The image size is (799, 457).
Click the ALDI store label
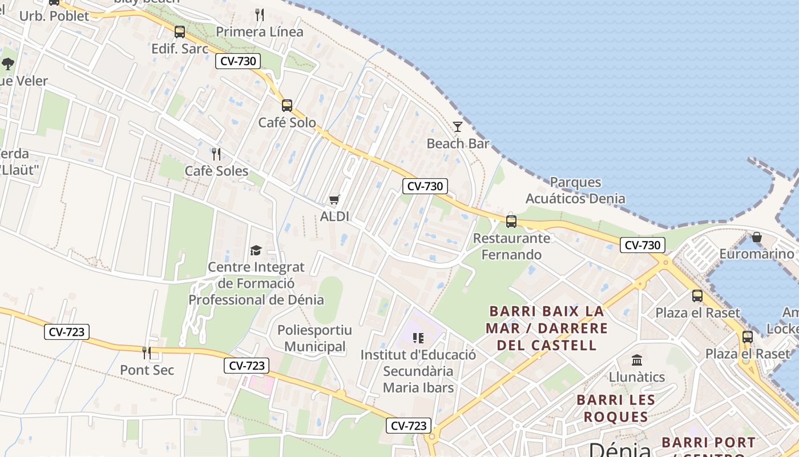pyautogui.click(x=334, y=217)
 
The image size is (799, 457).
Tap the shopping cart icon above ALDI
pyautogui.click(x=334, y=199)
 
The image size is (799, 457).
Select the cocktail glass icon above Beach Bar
pyautogui.click(x=457, y=126)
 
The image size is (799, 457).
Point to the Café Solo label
pyautogui.click(x=287, y=123)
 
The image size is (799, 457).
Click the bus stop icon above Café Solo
pyautogui.click(x=287, y=105)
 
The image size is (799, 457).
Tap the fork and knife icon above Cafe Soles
pyautogui.click(x=216, y=154)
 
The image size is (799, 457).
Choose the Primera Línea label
pyautogui.click(x=260, y=32)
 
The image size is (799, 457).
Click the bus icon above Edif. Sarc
pyautogui.click(x=180, y=32)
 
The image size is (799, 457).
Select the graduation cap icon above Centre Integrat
pyautogui.click(x=256, y=250)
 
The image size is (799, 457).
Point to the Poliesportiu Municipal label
pyautogui.click(x=314, y=338)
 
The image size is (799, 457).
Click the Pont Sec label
pyautogui.click(x=147, y=370)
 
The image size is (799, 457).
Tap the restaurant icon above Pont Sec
pyautogui.click(x=147, y=352)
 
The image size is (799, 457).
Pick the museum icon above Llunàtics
pyautogui.click(x=637, y=360)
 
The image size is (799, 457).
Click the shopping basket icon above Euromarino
pyautogui.click(x=757, y=236)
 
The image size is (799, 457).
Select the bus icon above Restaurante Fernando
pyautogui.click(x=511, y=221)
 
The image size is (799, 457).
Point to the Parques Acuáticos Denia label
pyautogui.click(x=575, y=190)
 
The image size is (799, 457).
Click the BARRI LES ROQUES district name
pyautogui.click(x=615, y=408)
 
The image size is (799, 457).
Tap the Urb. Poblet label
pyautogui.click(x=54, y=16)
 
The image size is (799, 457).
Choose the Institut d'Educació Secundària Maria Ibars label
pyautogui.click(x=418, y=371)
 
